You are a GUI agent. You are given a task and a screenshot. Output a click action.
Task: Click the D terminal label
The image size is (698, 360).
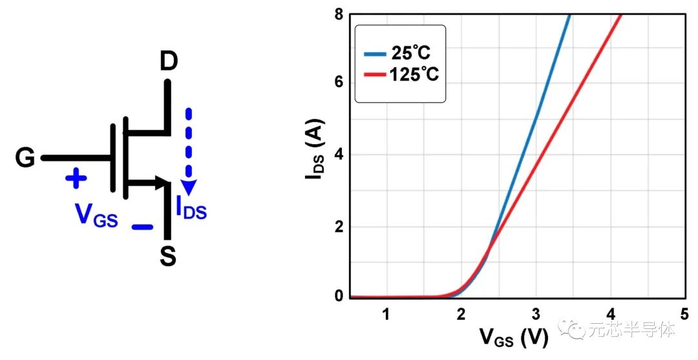coord(168,63)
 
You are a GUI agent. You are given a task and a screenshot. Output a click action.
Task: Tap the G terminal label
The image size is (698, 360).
coord(25,158)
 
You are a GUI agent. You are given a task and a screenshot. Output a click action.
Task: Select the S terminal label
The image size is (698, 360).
coord(167,257)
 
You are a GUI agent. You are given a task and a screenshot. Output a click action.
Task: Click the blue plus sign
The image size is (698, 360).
coord(76,178)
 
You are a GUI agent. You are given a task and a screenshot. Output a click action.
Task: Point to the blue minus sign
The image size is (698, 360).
coord(142,227)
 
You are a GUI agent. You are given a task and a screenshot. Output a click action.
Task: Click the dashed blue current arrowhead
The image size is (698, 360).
coord(189,187)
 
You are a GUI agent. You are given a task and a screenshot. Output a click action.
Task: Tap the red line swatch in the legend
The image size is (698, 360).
coord(375,75)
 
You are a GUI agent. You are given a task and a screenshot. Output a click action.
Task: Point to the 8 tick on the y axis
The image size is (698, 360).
coord(338,12)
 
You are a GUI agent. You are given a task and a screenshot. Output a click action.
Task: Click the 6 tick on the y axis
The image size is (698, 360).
coord(338,83)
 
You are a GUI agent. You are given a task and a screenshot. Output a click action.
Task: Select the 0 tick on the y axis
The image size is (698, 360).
coord(338,297)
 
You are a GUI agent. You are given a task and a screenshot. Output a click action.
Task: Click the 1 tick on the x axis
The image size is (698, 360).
coord(386,315)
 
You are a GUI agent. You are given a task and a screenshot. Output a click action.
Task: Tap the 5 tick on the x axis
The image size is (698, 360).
coord(684,315)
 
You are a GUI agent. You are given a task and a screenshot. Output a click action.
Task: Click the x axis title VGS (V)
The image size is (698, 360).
coord(514,337)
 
